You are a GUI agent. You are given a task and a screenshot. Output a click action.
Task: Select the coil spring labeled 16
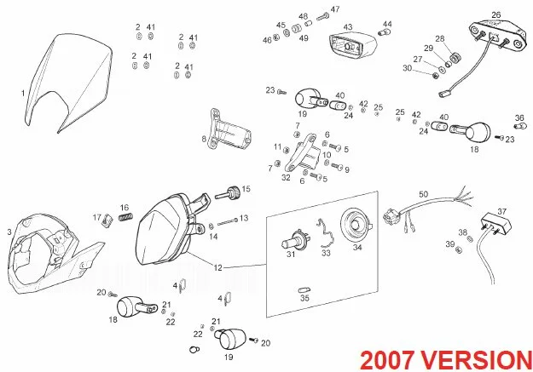pos(125,216)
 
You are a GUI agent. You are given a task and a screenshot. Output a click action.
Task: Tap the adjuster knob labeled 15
pos(229,194)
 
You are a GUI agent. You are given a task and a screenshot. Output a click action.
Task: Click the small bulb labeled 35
pos(304,290)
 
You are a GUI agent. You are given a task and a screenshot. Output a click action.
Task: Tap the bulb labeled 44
pos(385,32)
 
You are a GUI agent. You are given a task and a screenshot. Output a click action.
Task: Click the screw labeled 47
pos(323,16)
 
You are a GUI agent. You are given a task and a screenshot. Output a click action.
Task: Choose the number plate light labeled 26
pos(495,35)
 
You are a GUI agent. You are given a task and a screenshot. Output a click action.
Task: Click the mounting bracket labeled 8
pos(229,130)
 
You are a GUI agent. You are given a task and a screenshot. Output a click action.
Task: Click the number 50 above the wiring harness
pos(424,194)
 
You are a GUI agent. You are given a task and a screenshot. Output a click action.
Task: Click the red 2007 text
pos(387,359)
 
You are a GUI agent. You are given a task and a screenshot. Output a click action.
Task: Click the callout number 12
pos(218,268)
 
